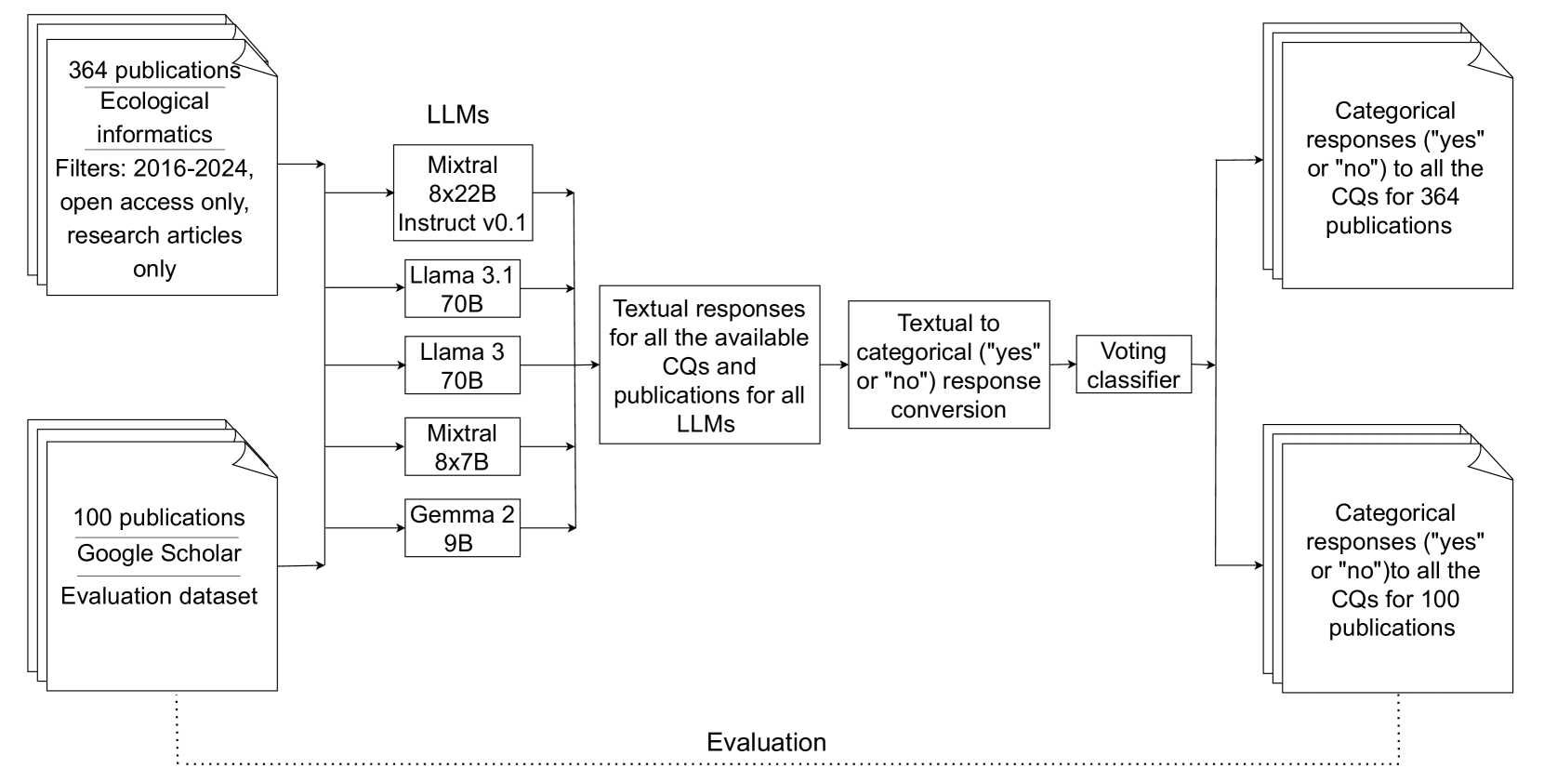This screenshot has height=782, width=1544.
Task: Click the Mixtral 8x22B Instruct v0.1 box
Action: coord(462,192)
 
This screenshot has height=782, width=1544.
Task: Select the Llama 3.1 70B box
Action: coord(462,288)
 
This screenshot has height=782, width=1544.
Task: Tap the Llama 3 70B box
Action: coord(462,365)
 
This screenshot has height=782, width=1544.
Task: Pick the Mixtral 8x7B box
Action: coord(462,446)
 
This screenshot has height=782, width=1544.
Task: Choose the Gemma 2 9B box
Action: coord(462,527)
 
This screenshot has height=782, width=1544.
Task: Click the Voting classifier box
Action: coord(1133,364)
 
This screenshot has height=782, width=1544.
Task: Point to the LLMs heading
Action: coord(457,114)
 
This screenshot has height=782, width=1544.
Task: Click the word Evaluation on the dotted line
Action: coord(766,742)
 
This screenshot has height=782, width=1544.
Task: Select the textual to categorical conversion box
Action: coord(948,364)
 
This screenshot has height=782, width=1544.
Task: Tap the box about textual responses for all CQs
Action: coord(709,364)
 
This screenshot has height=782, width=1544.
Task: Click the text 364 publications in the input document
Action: coord(154,71)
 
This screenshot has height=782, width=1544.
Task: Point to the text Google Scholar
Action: coord(159,553)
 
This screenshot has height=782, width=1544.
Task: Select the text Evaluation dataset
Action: coord(159,596)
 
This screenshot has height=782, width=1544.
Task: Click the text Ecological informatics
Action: coord(154,117)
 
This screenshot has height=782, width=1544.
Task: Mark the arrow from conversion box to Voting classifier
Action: coord(1062,364)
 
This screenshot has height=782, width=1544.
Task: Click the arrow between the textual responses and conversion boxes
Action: coord(834,364)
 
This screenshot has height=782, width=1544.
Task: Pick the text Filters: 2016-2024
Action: coord(154,168)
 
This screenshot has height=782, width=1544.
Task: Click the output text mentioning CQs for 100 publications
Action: coord(1392,570)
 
